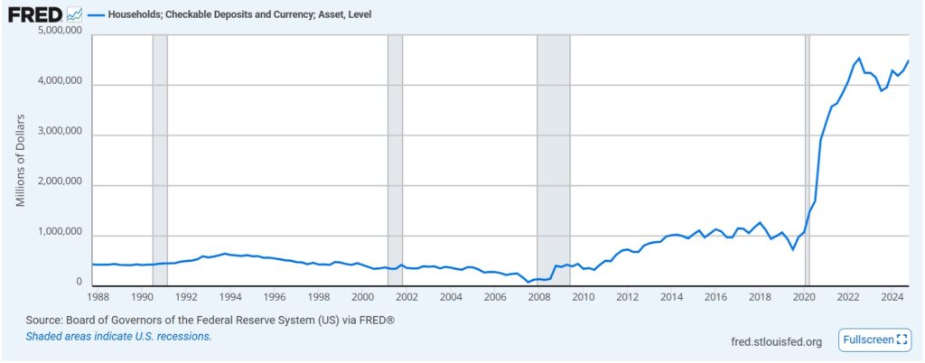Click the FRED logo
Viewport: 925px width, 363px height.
(x=35, y=14)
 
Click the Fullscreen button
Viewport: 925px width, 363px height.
(x=874, y=340)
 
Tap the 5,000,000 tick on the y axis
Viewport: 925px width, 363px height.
(x=58, y=32)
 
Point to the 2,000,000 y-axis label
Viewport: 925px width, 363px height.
(x=58, y=183)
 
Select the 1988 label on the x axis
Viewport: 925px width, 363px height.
(x=98, y=296)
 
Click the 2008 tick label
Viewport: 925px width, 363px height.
(x=538, y=296)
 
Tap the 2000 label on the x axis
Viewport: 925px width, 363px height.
(x=362, y=296)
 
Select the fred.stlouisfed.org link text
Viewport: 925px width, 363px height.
(x=776, y=341)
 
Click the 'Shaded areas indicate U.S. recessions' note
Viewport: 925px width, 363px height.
(x=118, y=336)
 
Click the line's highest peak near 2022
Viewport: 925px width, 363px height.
(x=859, y=59)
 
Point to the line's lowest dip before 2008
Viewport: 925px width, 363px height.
(x=528, y=282)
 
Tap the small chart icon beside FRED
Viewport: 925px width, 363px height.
(x=74, y=14)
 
